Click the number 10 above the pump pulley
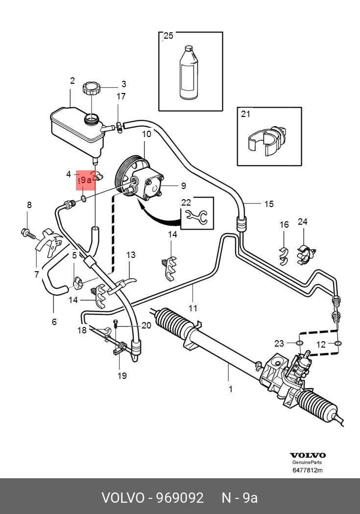(147, 134)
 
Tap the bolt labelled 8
(27, 233)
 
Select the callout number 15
(269, 204)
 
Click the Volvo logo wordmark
(308, 455)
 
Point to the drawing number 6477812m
(308, 471)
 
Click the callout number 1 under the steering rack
(230, 390)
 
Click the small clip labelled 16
(284, 255)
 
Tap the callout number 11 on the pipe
(193, 308)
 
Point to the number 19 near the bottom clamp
(122, 375)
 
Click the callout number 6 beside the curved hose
(54, 322)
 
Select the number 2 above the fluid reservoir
(72, 81)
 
